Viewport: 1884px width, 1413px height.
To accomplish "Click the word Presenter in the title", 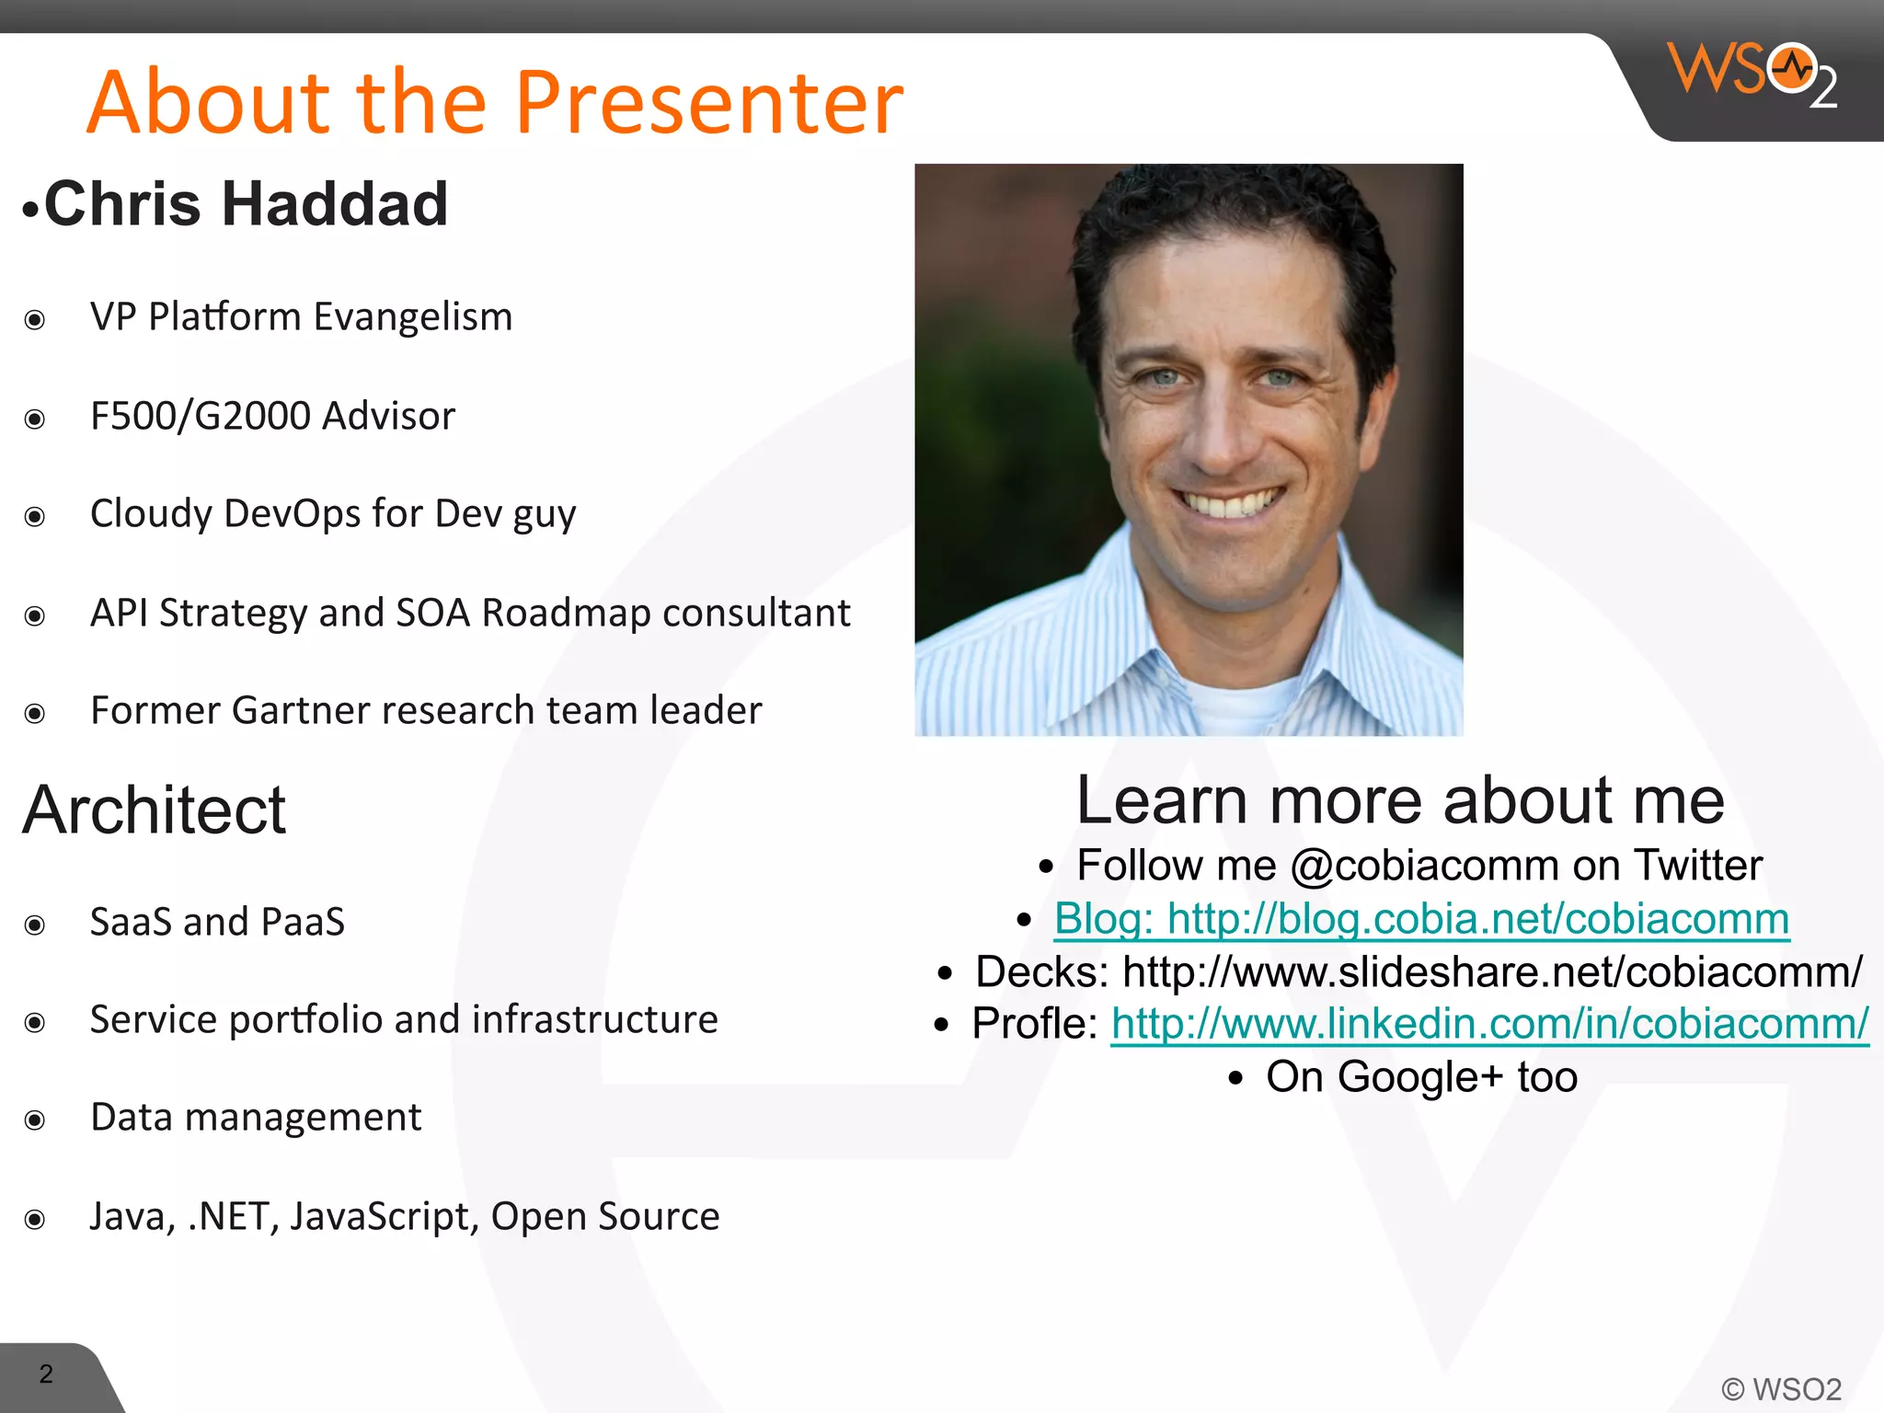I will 708,102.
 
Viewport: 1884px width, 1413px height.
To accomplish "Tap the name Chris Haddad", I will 246,204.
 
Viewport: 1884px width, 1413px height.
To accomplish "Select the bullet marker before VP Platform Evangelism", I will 35,320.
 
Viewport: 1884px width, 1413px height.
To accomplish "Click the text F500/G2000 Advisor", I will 272,416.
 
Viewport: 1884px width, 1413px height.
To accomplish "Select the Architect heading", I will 155,810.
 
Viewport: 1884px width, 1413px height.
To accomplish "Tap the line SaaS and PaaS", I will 217,922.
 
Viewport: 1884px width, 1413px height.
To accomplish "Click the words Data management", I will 256,1118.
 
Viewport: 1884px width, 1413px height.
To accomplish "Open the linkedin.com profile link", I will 1489,1024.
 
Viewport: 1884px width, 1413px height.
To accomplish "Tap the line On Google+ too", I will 1421,1077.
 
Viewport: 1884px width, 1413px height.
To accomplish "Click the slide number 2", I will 46,1374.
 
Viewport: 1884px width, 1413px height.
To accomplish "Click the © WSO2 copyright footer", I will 1781,1389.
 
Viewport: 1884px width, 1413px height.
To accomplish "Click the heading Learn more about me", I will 1400,800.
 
